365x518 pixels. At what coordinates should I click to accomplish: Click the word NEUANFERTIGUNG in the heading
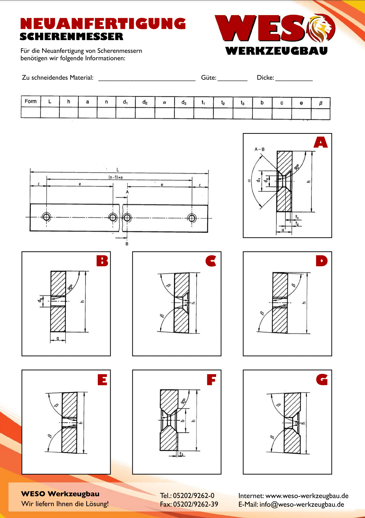click(103, 24)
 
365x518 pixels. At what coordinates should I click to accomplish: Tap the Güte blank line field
click(232, 78)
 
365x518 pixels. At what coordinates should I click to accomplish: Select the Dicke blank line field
click(294, 78)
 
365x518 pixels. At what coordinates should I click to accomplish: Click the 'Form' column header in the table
click(31, 102)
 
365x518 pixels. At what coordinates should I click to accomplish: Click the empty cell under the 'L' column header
click(50, 112)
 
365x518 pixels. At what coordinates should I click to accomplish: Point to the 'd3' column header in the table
click(184, 102)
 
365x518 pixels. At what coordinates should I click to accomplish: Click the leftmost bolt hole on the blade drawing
click(46, 217)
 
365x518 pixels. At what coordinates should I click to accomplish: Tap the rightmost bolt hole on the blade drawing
click(192, 218)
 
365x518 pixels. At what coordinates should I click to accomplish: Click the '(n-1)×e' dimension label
click(116, 177)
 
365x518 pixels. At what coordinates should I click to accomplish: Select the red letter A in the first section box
click(321, 143)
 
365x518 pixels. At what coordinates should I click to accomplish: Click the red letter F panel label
click(211, 380)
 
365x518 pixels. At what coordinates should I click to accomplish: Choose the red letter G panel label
click(322, 380)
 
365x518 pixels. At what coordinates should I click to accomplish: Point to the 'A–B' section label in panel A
click(259, 149)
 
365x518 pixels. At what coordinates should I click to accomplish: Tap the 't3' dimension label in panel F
click(181, 454)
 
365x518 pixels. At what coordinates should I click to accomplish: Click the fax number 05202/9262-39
click(196, 504)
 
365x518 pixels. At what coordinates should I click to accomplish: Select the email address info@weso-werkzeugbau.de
click(302, 504)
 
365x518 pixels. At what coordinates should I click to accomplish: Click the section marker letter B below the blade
click(127, 244)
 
